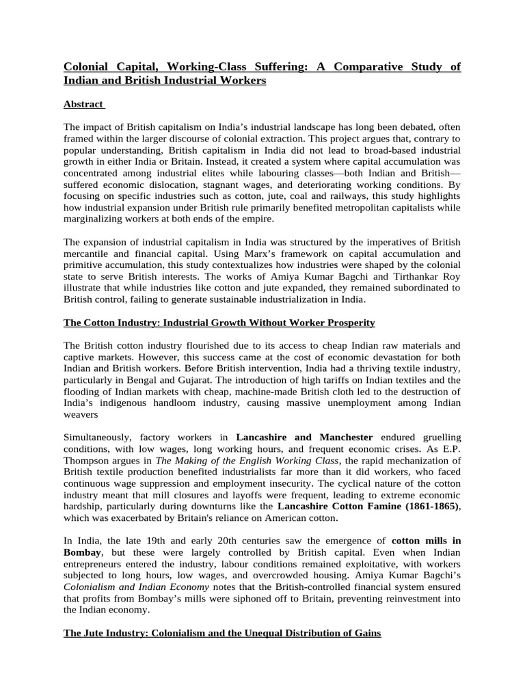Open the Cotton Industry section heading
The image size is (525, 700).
(x=219, y=322)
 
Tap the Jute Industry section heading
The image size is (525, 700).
(x=222, y=634)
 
